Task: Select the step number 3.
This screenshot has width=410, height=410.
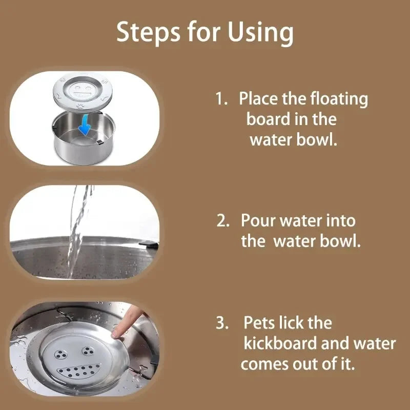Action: point(222,323)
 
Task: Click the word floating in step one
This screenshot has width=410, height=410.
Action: point(338,99)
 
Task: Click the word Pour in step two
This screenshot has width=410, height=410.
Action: point(260,221)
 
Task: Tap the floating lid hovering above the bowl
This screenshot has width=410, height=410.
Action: point(84,95)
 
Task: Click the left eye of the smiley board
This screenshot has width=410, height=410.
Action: point(60,354)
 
